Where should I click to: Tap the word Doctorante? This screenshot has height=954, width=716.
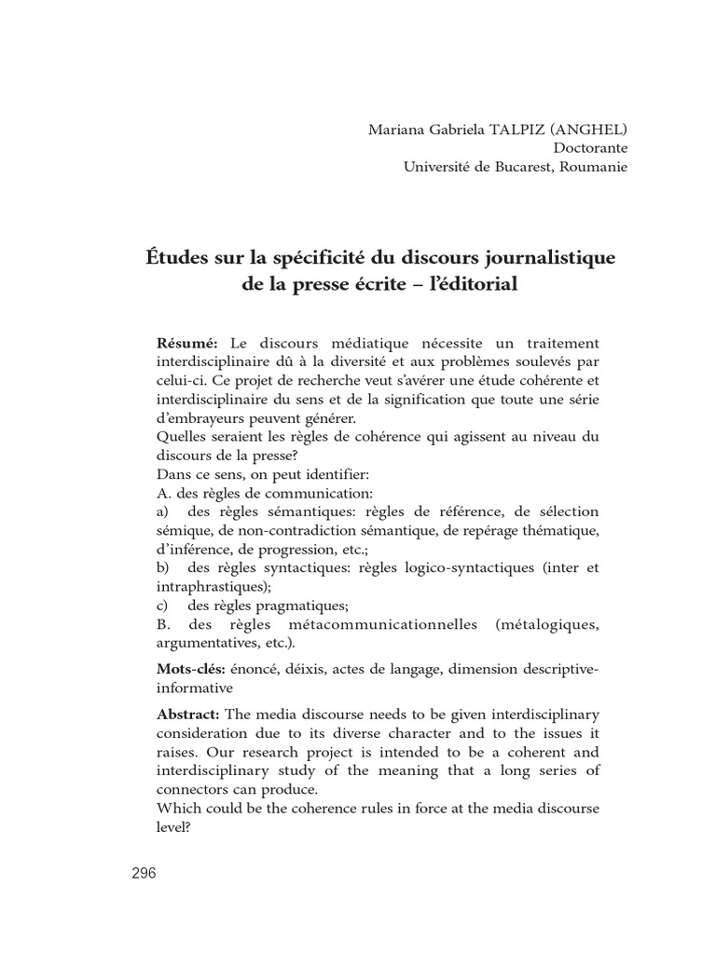[x=591, y=147]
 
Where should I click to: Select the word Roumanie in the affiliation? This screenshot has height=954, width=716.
[x=591, y=167]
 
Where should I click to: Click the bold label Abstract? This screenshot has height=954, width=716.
[x=188, y=714]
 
